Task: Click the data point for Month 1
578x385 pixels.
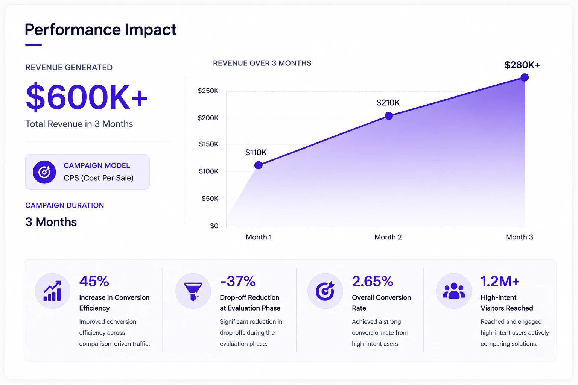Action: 258,165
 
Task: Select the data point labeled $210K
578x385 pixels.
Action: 389,116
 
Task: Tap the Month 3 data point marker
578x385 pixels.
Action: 524,77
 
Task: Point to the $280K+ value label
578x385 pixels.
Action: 522,65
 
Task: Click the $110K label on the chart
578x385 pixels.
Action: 256,152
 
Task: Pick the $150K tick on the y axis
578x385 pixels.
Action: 208,144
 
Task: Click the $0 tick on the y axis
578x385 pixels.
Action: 214,226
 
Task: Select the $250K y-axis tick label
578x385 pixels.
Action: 208,91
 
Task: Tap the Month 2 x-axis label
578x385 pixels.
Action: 388,237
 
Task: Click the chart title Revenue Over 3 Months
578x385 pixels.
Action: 262,63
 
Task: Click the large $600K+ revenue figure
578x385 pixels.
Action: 87,97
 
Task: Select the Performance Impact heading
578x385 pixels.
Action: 100,29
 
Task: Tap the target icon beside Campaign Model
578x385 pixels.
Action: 44,172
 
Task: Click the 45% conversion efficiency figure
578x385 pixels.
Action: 94,281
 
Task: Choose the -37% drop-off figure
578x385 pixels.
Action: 237,281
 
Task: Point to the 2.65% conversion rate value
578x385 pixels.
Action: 372,281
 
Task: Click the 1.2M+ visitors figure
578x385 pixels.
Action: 500,281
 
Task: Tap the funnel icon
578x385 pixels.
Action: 193,291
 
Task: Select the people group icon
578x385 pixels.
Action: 454,291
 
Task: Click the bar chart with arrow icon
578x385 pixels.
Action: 52,291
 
